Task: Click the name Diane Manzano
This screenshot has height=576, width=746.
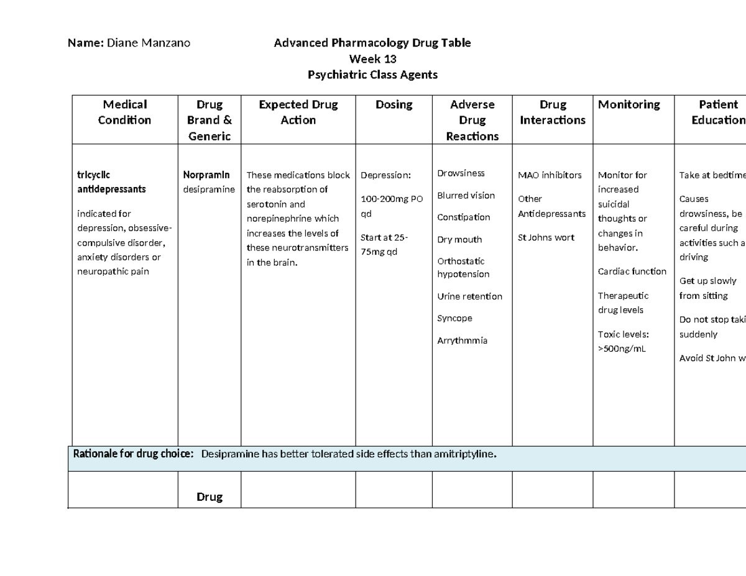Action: pyautogui.click(x=149, y=43)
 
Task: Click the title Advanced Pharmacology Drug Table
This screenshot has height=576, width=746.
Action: pyautogui.click(x=372, y=43)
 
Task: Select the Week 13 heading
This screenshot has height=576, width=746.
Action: pyautogui.click(x=372, y=59)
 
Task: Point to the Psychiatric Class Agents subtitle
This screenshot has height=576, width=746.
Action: pyautogui.click(x=372, y=75)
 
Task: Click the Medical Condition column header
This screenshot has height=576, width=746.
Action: pyautogui.click(x=124, y=112)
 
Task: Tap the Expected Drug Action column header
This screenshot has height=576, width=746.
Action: pyautogui.click(x=298, y=112)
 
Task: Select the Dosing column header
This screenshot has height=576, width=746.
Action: pyautogui.click(x=394, y=104)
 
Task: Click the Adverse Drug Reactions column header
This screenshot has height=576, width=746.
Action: pyautogui.click(x=472, y=121)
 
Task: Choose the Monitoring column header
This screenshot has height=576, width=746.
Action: pyautogui.click(x=629, y=104)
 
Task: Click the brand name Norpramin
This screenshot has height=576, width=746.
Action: pyautogui.click(x=206, y=175)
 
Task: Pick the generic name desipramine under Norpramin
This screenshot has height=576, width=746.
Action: pyautogui.click(x=209, y=189)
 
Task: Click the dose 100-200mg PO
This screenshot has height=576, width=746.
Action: pyautogui.click(x=392, y=199)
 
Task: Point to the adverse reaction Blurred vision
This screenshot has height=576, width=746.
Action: pyautogui.click(x=466, y=196)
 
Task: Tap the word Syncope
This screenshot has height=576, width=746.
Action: pyautogui.click(x=454, y=318)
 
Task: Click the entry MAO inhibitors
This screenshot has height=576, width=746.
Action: pyautogui.click(x=550, y=175)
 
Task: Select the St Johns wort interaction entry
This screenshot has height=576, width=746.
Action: pyautogui.click(x=546, y=237)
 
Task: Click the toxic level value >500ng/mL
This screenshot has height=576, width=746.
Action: pyautogui.click(x=622, y=349)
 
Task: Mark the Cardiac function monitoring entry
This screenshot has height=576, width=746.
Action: pyautogui.click(x=632, y=272)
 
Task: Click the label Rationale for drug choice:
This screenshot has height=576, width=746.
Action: pyautogui.click(x=134, y=454)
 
